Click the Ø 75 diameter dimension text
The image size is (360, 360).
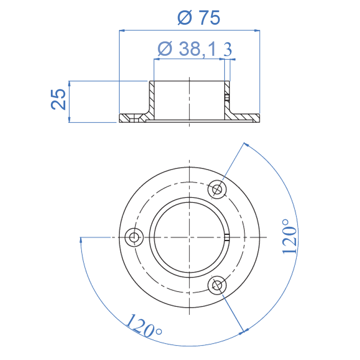click(x=199, y=18)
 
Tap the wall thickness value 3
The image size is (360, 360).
click(x=228, y=49)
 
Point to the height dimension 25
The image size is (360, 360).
click(x=58, y=99)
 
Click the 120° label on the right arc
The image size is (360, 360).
click(x=289, y=236)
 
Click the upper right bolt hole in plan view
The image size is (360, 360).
click(x=217, y=189)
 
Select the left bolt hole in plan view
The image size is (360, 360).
click(x=134, y=237)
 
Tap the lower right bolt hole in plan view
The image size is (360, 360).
click(x=217, y=285)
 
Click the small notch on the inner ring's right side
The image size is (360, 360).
click(x=227, y=237)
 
